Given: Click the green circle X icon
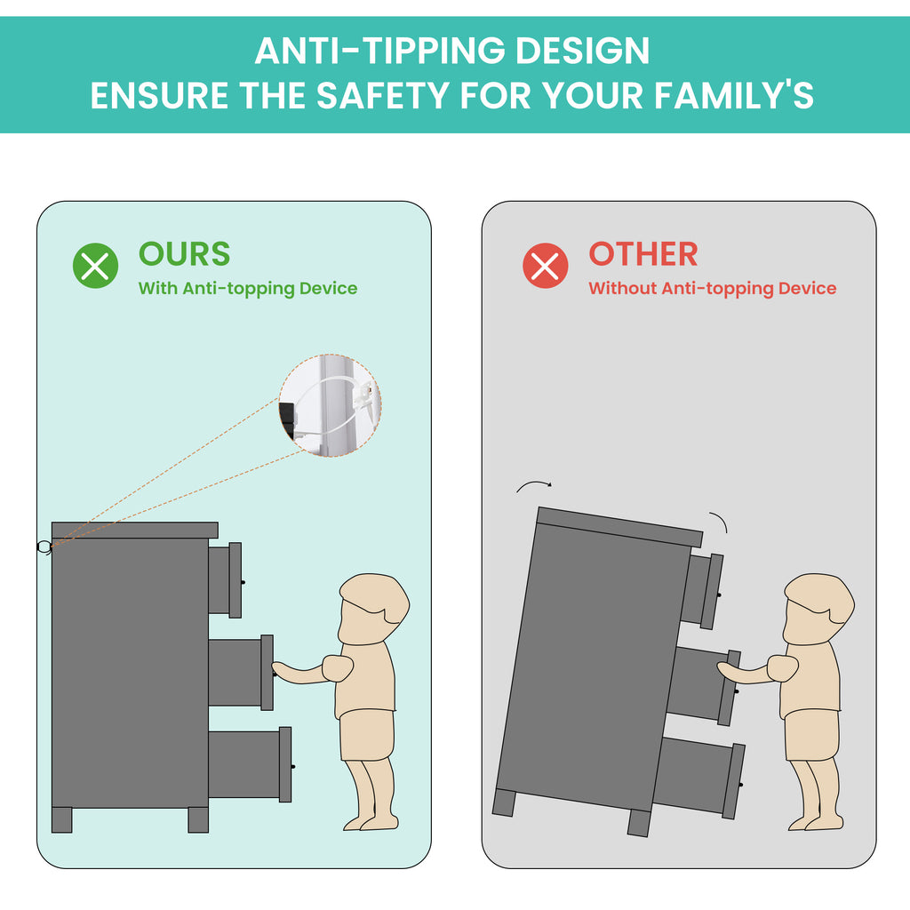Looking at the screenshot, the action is [95, 266].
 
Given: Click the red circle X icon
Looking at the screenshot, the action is [545, 266].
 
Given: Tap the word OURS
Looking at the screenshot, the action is [185, 254].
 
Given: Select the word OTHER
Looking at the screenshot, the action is [643, 254].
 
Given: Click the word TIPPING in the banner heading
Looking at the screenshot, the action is [434, 51].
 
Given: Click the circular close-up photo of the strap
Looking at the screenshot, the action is [330, 405].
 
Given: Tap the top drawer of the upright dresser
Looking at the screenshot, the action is [225, 579].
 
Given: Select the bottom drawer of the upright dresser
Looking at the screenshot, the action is [250, 764].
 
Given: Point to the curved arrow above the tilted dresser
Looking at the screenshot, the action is [534, 483].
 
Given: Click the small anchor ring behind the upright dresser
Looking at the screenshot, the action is [44, 547].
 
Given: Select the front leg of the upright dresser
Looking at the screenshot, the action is [198, 819].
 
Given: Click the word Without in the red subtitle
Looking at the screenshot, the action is [622, 288].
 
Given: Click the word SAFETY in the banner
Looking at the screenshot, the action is [383, 95].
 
